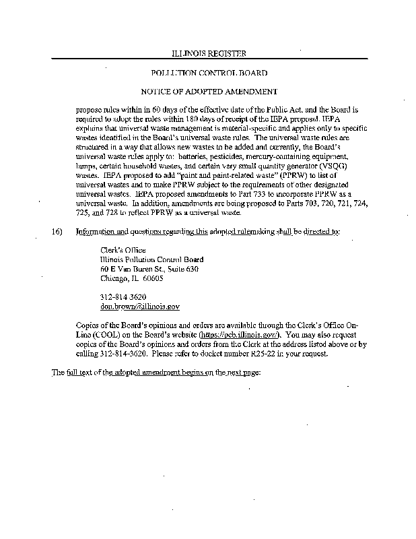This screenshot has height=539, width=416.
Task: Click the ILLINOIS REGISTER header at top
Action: point(208,53)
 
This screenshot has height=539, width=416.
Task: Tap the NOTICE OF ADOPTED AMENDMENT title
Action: point(209,90)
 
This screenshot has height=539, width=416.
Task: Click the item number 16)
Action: point(58,231)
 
